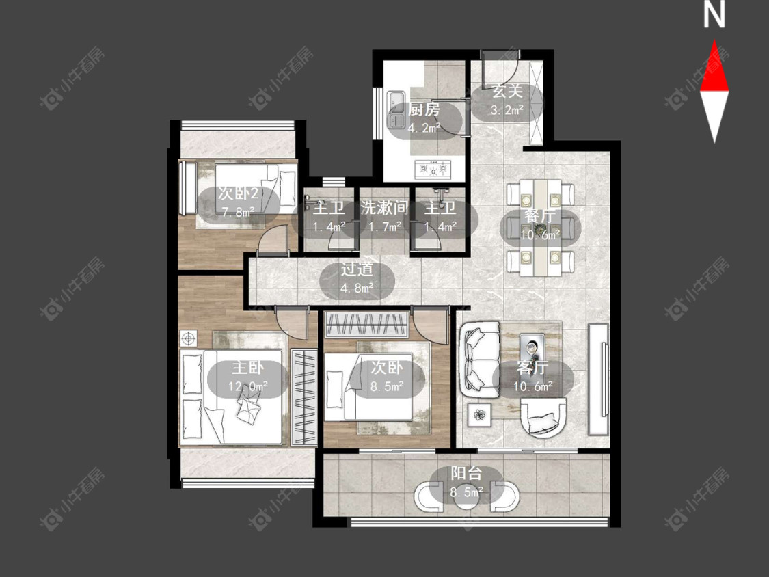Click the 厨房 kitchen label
(424, 109)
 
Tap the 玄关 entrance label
(507, 92)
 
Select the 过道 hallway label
(357, 269)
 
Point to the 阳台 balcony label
(466, 474)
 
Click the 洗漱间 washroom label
(384, 208)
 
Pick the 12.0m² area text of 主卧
(247, 386)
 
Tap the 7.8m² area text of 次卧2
(238, 212)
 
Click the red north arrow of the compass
(714, 66)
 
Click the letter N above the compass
(714, 14)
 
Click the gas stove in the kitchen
(433, 170)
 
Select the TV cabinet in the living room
(599, 379)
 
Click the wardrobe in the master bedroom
(304, 397)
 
